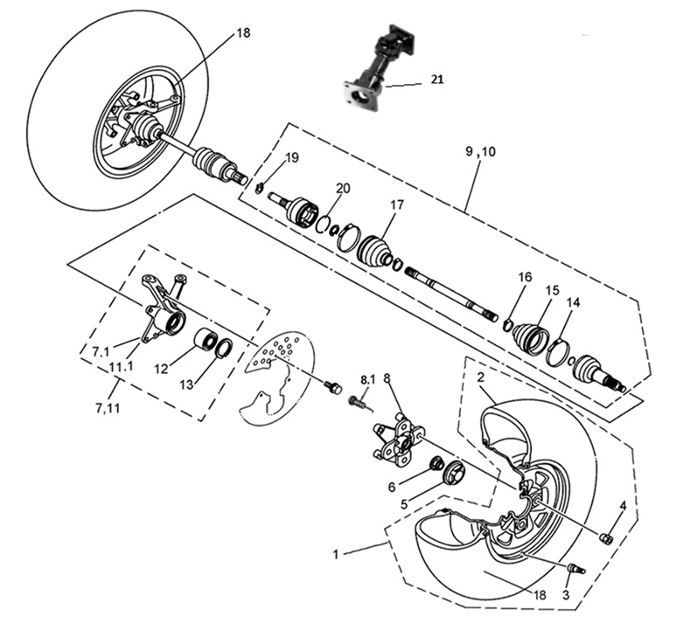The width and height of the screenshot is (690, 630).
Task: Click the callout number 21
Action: click(436, 80)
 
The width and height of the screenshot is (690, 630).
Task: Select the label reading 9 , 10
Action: click(479, 151)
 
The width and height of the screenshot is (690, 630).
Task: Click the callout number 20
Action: click(342, 189)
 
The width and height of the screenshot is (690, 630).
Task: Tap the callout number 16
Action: click(524, 277)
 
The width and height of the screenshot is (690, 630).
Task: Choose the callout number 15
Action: click(552, 290)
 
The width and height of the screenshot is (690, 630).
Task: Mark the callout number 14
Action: click(573, 302)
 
